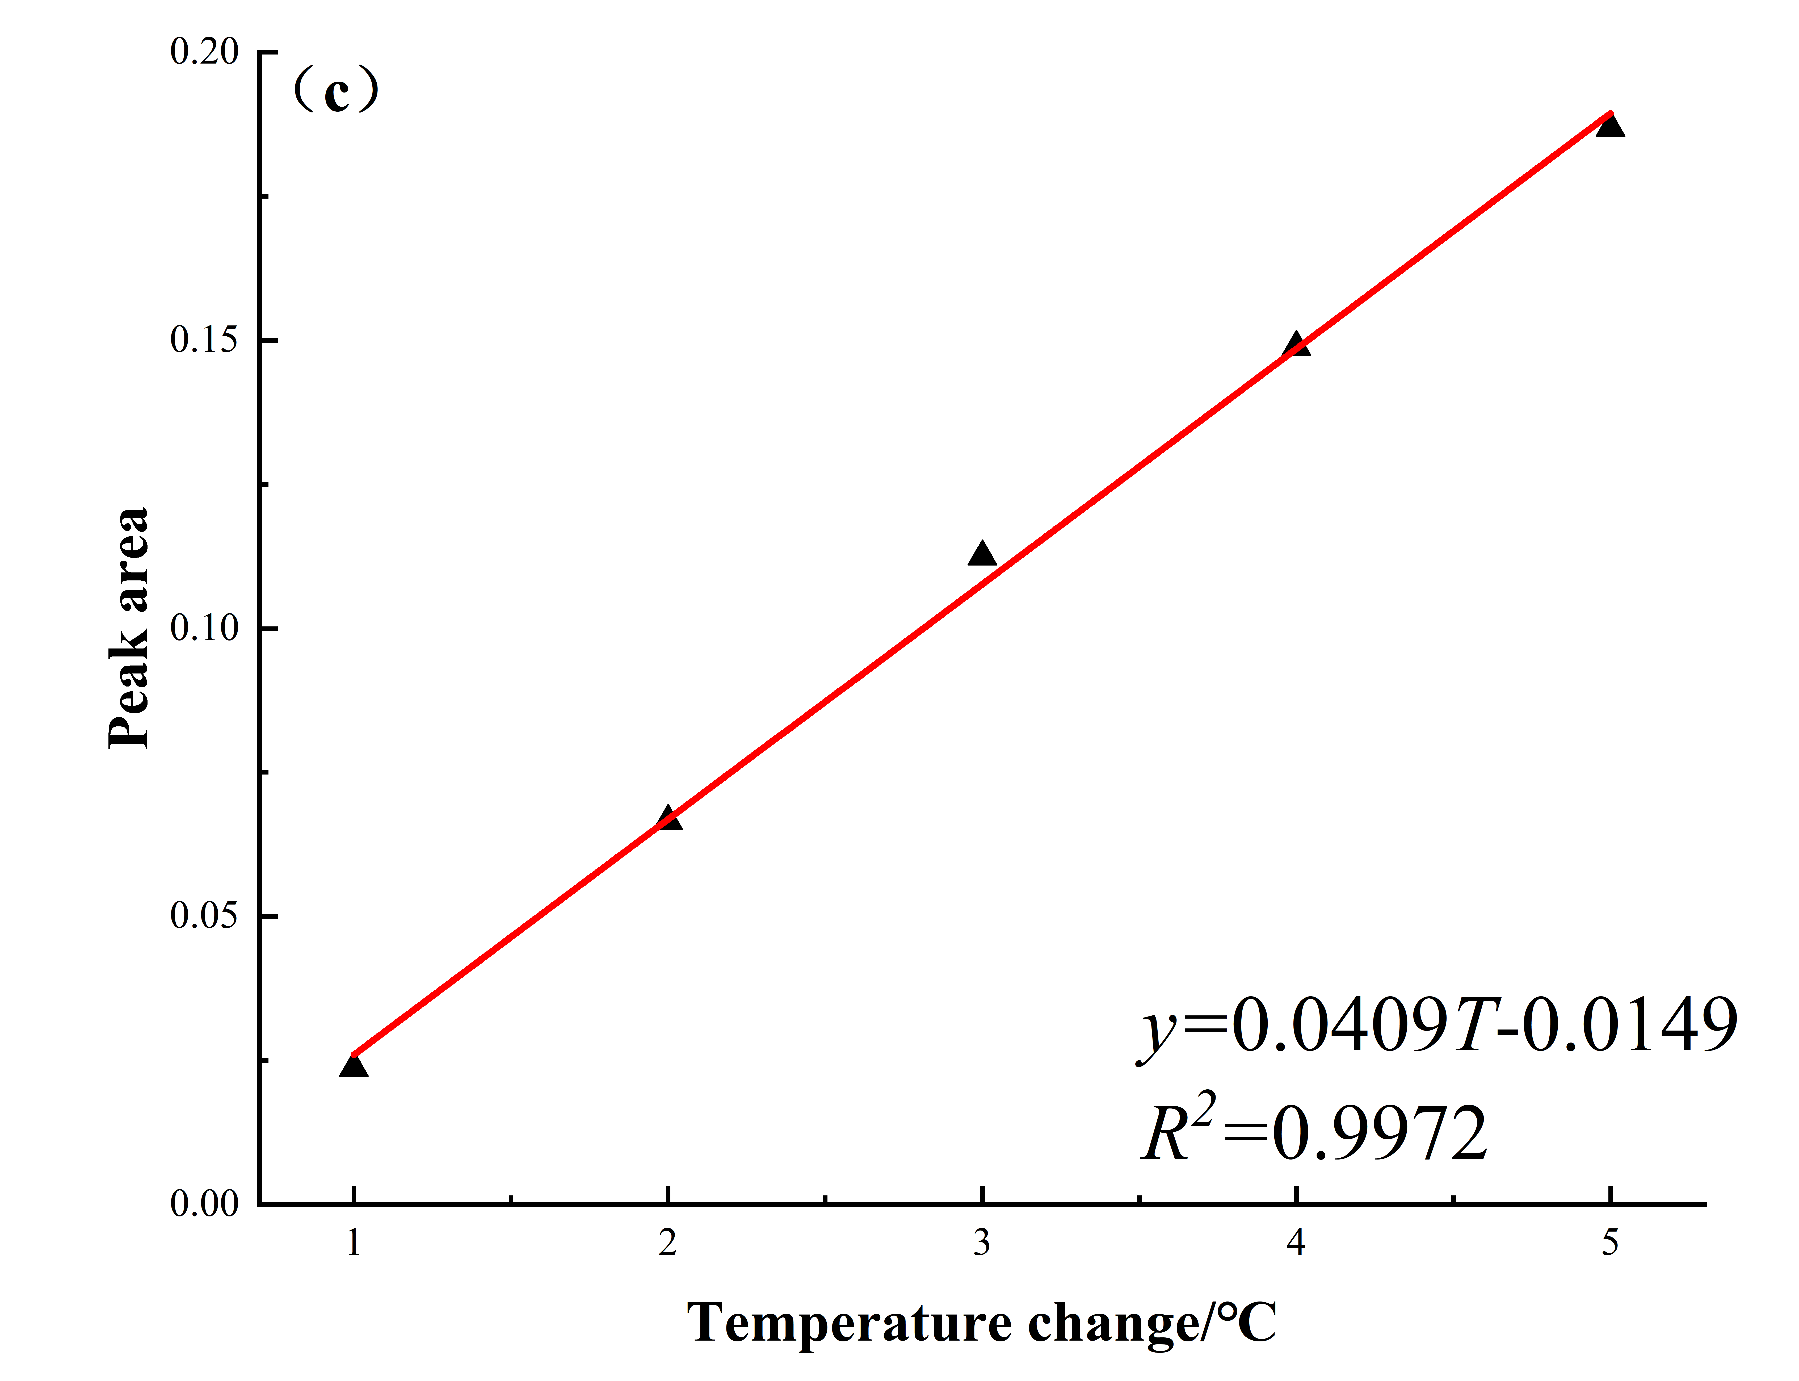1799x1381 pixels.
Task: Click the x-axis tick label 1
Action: [x=353, y=1243]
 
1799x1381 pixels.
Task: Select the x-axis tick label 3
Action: [x=982, y=1243]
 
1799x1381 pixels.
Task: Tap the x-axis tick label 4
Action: [x=1296, y=1243]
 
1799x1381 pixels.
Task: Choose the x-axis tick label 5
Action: [x=1610, y=1243]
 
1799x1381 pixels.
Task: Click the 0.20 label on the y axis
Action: [x=204, y=52]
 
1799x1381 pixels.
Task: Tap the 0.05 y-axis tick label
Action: [x=204, y=916]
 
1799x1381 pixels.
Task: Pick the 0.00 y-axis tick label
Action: [x=204, y=1204]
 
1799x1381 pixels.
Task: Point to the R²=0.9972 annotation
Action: [x=1315, y=1133]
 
